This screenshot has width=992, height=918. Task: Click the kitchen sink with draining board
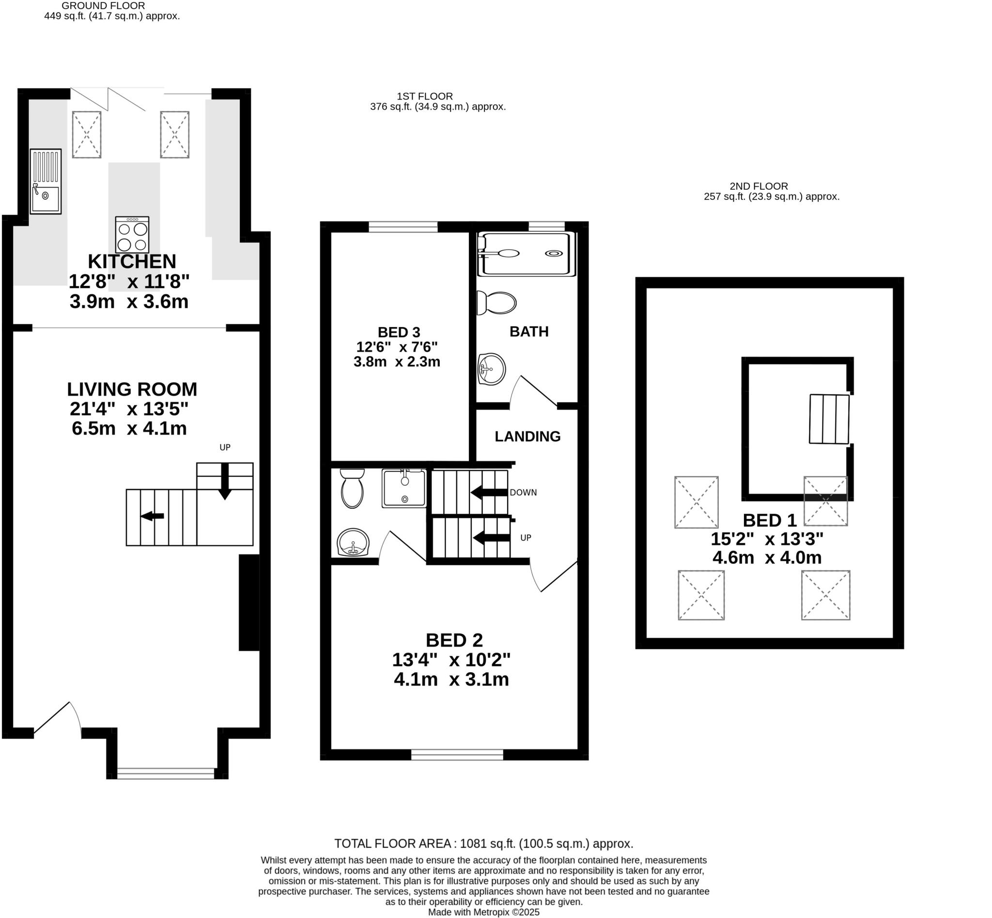[x=45, y=181]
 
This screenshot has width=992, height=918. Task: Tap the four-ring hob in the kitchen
[x=132, y=235]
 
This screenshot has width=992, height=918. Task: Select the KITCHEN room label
[x=132, y=261]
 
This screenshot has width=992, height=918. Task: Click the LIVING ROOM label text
[x=132, y=389]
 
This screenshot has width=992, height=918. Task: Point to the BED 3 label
[x=399, y=332]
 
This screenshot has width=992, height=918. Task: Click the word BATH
[x=529, y=331]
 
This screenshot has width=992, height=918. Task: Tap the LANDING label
[x=527, y=436]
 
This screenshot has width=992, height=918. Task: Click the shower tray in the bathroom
[x=526, y=254]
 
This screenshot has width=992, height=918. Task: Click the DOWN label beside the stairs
[x=523, y=492]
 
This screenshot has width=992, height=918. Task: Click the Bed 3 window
[x=403, y=226]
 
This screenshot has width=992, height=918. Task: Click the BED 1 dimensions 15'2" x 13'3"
[x=767, y=539]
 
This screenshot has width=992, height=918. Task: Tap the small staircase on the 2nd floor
[x=829, y=419]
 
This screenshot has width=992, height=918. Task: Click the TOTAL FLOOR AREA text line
[x=483, y=843]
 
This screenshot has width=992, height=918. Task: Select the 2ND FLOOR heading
[x=759, y=186]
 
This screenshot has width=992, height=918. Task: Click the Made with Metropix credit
[x=483, y=913]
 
